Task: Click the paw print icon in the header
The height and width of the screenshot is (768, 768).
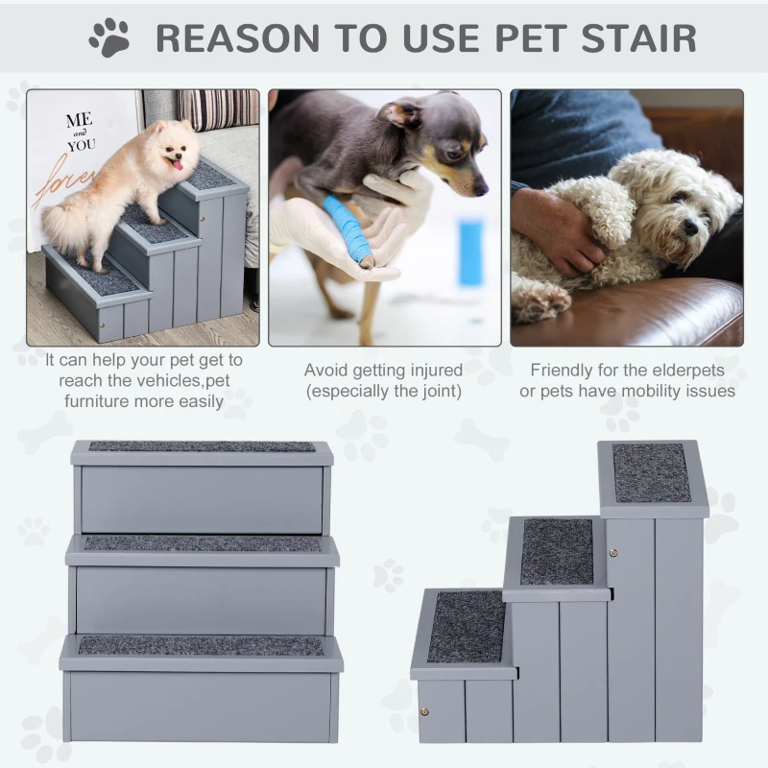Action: (x=109, y=37)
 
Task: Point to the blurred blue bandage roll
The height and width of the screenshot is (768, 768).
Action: (x=470, y=252)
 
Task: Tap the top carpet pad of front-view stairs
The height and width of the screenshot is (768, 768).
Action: (x=202, y=446)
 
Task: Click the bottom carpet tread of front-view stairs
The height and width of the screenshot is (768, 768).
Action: (x=201, y=646)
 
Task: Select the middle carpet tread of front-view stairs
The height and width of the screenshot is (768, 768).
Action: (x=202, y=543)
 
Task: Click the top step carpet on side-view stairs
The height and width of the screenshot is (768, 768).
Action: (x=652, y=472)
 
